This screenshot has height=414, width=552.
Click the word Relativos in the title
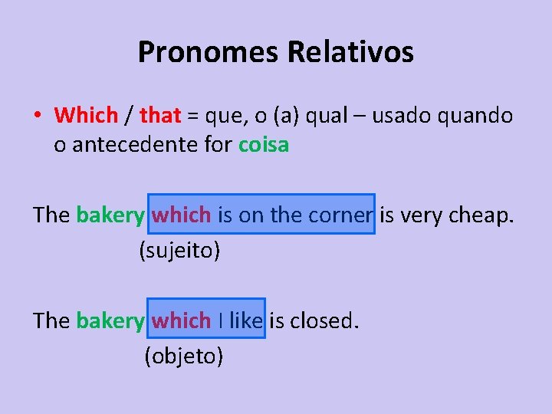[x=350, y=52]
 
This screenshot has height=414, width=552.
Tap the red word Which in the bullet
[x=86, y=116]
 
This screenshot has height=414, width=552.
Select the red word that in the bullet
[x=160, y=116]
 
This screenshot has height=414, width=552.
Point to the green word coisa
[x=264, y=144]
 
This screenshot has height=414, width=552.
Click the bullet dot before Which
[x=37, y=117]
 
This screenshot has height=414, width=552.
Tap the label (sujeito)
[x=179, y=250]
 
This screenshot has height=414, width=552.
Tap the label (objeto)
[x=184, y=355]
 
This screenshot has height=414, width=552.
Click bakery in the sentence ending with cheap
[x=110, y=215]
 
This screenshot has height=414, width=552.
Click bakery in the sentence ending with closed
[x=110, y=320]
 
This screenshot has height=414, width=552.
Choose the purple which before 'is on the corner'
[x=181, y=215]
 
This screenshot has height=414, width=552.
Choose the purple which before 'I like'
[x=181, y=320]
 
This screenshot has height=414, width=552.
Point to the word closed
[x=324, y=320]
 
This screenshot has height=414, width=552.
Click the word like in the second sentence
[x=245, y=320]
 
